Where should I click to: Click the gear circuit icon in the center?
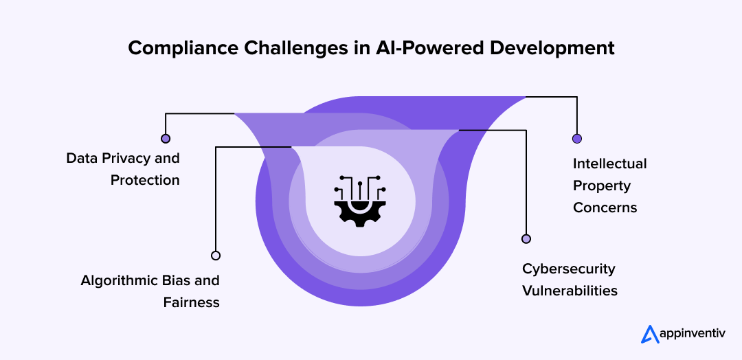360,199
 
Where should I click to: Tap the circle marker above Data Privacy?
165,138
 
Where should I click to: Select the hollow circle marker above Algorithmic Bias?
216,256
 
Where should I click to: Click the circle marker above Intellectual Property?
577,139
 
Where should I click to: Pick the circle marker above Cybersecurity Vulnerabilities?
526,239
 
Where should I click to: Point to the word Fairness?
192,302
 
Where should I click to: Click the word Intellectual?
610,164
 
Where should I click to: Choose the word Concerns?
605,207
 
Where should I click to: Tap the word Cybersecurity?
569,269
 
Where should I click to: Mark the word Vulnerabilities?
570,291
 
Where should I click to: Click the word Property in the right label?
602,185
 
